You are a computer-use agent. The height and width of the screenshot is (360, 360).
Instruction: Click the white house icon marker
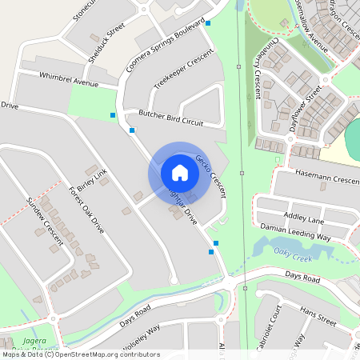pyautogui.click(x=180, y=172)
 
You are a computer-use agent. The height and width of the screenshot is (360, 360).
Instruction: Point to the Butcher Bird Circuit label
pyautogui.click(x=170, y=118)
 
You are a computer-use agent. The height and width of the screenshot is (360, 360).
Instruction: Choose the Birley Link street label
pyautogui.click(x=93, y=182)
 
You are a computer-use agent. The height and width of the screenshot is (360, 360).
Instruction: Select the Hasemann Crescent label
pyautogui.click(x=327, y=179)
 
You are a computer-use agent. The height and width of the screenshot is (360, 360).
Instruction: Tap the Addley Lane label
pyautogui.click(x=304, y=218)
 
